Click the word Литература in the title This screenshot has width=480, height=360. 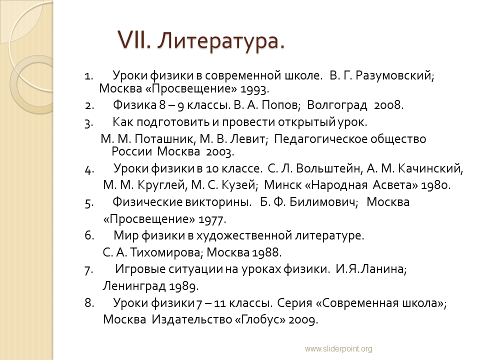pos(221,40)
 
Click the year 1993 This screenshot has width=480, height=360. pos(254,89)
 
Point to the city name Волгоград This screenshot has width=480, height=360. pos(337,105)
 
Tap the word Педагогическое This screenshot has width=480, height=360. pos(320,139)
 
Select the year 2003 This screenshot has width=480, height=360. pos(220,152)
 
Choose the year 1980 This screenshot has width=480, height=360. pos(436,185)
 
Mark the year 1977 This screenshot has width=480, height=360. pos(212,219)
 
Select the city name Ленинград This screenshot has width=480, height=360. pos(134,286)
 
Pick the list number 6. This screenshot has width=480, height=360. pos(89,235)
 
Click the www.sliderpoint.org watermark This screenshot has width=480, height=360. pos(338,348)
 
